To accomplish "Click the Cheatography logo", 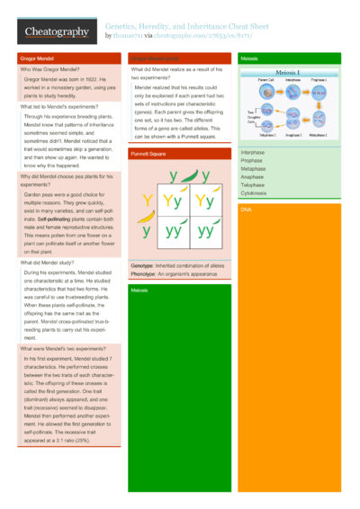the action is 57,33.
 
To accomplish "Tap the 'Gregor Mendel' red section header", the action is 37,58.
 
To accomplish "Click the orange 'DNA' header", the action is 247,209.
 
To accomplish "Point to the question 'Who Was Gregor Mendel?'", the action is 50,69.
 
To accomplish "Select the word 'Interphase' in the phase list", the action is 253,153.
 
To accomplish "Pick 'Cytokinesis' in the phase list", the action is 254,193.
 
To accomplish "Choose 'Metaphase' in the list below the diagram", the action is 253,169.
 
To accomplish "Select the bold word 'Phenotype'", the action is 143,274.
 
